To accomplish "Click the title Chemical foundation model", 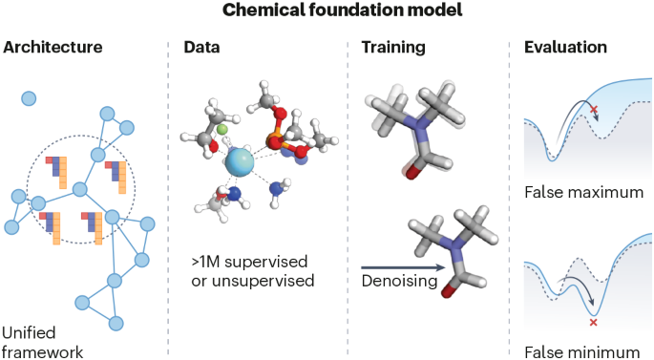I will tap(327, 12).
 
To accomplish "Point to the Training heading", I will tap(392, 47).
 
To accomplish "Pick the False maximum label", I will tap(583, 193).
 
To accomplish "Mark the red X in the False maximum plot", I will tap(595, 111).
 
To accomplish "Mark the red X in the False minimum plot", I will tap(594, 323).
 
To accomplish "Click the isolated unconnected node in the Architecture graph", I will tap(30, 97).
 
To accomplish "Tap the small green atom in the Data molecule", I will tap(221, 128).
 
